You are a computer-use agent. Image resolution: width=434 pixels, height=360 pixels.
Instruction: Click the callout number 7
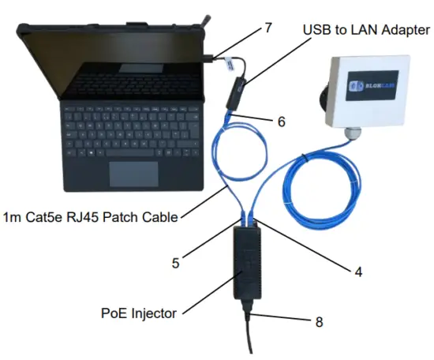(x=268, y=28)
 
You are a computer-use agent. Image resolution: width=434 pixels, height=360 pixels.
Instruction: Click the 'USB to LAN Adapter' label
(x=365, y=30)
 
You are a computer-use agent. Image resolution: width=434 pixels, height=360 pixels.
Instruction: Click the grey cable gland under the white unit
(x=350, y=137)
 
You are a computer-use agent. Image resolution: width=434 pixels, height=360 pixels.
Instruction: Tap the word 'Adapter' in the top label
(x=402, y=30)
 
